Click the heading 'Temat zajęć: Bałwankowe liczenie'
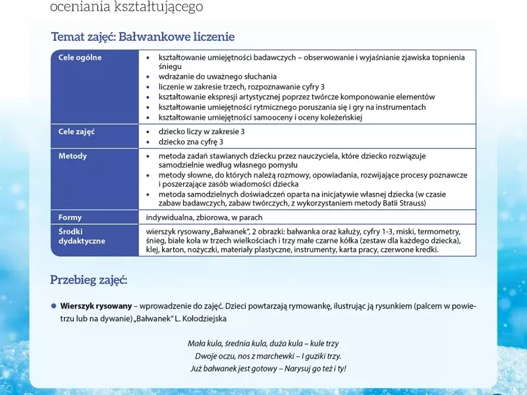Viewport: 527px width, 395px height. tap(142, 37)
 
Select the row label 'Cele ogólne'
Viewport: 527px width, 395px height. tap(80, 58)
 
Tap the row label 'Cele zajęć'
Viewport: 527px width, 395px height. tap(76, 132)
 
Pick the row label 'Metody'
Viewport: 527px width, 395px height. tap(72, 157)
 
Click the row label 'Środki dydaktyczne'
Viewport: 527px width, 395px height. tap(82, 236)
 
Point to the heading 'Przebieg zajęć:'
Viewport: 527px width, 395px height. tap(89, 280)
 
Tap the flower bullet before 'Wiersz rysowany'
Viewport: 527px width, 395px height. tap(54, 306)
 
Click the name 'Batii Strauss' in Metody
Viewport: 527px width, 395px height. tap(403, 203)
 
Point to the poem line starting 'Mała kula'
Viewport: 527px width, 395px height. tap(263, 344)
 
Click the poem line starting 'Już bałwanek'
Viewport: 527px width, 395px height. tap(268, 369)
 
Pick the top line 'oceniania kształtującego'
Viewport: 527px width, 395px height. tap(126, 7)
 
